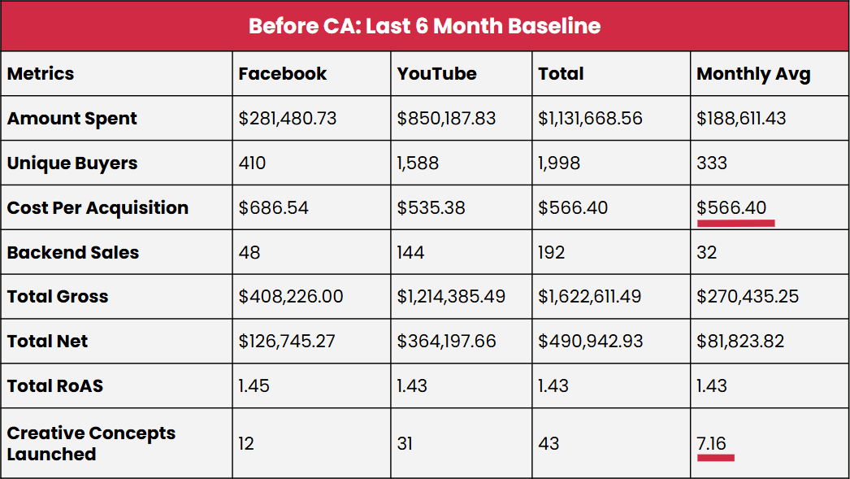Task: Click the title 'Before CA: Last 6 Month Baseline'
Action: coord(424,26)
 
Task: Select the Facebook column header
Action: coord(282,74)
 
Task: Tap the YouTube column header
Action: coord(436,74)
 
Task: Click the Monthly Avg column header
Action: coord(753,74)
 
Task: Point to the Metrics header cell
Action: coord(41,74)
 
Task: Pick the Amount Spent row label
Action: coord(72,119)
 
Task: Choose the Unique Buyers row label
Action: coord(72,163)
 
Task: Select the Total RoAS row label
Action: coord(55,385)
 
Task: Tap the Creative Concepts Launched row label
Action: coord(91,443)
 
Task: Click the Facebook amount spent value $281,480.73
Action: coord(288,119)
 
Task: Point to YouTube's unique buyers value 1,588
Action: coord(418,163)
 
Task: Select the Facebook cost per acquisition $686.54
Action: coord(274,207)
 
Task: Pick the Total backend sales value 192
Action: coord(551,252)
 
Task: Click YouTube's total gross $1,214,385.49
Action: coord(451,297)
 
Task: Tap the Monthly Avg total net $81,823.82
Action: coord(740,342)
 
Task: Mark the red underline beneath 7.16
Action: coord(716,458)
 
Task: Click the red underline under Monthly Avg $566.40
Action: coord(735,222)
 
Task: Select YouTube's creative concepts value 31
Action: coord(405,443)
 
